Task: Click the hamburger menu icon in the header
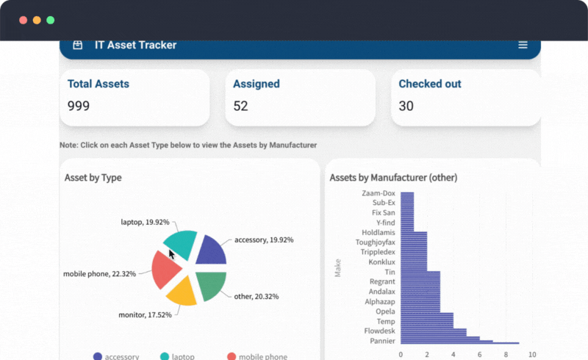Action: [x=523, y=45]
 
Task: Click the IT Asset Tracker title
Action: [x=135, y=45]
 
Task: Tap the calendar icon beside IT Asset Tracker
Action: [x=77, y=45]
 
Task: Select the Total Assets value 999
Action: [x=79, y=106]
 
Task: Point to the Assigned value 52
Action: [x=240, y=106]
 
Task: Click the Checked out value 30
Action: [x=406, y=106]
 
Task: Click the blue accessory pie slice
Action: [x=211, y=251]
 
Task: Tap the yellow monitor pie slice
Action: [x=182, y=290]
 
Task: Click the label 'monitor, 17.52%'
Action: [x=145, y=314]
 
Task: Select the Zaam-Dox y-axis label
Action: [x=379, y=193]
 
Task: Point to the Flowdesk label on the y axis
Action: [x=379, y=331]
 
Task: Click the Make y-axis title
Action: [x=338, y=269]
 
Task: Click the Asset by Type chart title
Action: [x=93, y=177]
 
